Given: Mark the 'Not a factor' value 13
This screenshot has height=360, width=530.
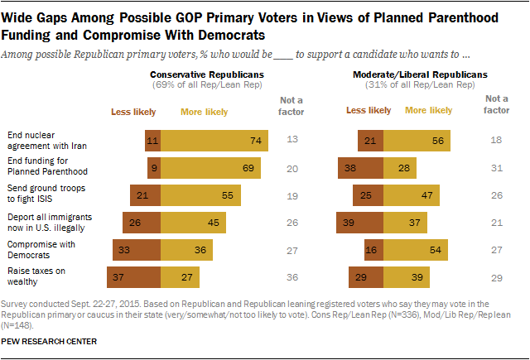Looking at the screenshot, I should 291,141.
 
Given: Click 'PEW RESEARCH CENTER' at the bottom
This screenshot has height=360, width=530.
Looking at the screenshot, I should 51,341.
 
